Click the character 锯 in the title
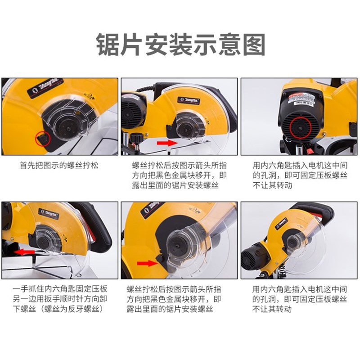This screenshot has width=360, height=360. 108,45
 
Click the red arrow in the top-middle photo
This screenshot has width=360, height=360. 164,142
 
